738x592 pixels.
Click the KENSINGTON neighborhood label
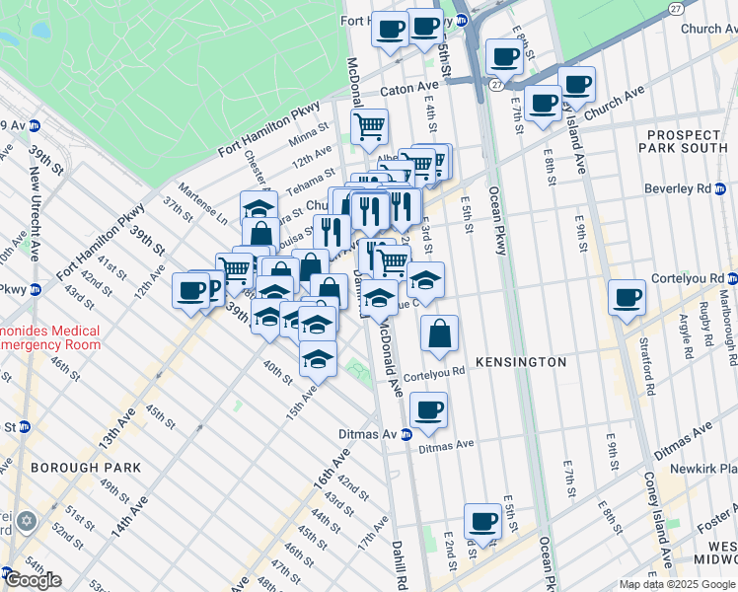(x=521, y=362)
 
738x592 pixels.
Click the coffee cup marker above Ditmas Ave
(x=428, y=410)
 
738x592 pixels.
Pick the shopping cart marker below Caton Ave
(x=369, y=126)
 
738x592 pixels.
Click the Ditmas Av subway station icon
(x=406, y=435)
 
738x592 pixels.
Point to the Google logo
(x=32, y=579)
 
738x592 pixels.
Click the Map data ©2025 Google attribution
(x=677, y=584)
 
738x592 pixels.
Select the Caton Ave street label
(x=407, y=90)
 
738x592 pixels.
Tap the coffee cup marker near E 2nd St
(x=482, y=520)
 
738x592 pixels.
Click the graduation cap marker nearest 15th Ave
(x=318, y=360)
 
